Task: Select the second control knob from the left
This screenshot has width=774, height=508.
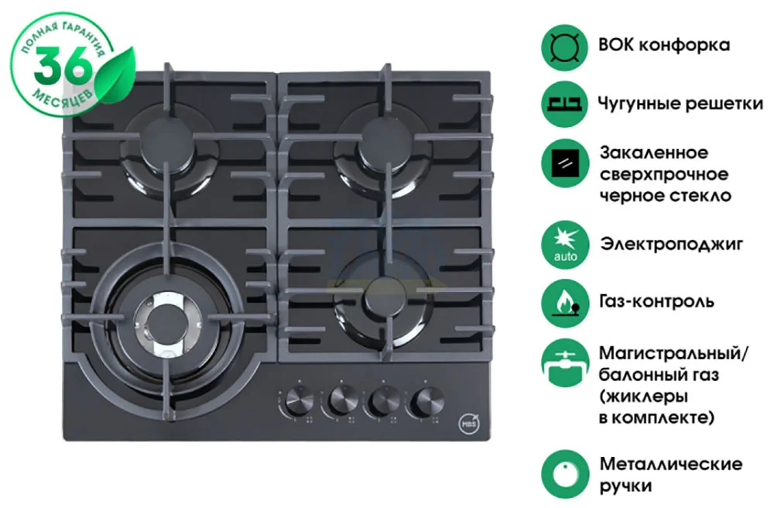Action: (343, 400)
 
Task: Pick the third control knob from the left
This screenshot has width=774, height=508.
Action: (385, 400)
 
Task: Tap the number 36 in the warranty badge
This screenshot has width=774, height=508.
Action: (62, 67)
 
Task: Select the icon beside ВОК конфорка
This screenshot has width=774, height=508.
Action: (565, 48)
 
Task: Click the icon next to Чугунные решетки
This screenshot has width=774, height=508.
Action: (565, 105)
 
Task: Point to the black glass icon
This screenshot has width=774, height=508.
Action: (565, 163)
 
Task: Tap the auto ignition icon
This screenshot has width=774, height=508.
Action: (565, 245)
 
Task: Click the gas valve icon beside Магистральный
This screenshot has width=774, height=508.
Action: (565, 363)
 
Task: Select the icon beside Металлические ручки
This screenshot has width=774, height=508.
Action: (565, 475)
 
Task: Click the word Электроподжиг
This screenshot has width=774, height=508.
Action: (671, 245)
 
